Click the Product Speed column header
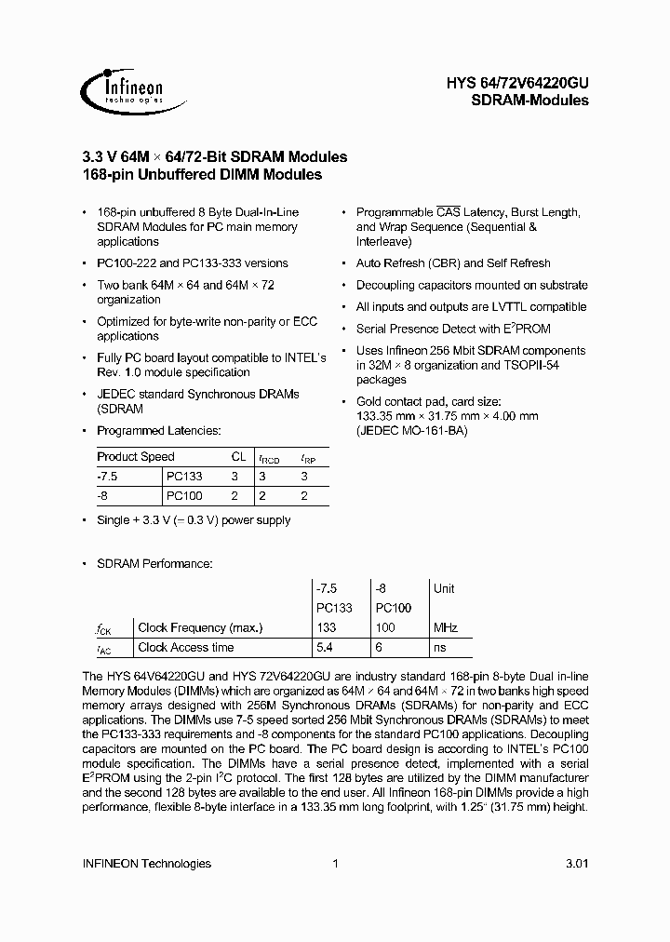tap(136, 457)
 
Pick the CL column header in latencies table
tap(237, 457)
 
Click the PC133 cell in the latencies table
tap(183, 477)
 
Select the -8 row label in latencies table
tap(102, 496)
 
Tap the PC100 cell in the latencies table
tap(183, 496)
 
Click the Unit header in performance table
tap(444, 588)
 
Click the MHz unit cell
tap(446, 627)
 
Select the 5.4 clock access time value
tap(326, 648)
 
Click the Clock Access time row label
tap(186, 648)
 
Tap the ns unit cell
tap(439, 648)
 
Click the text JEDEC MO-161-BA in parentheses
tap(411, 431)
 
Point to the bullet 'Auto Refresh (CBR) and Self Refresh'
tap(453, 263)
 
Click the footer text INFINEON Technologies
tap(147, 863)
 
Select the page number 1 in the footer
tap(335, 863)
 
